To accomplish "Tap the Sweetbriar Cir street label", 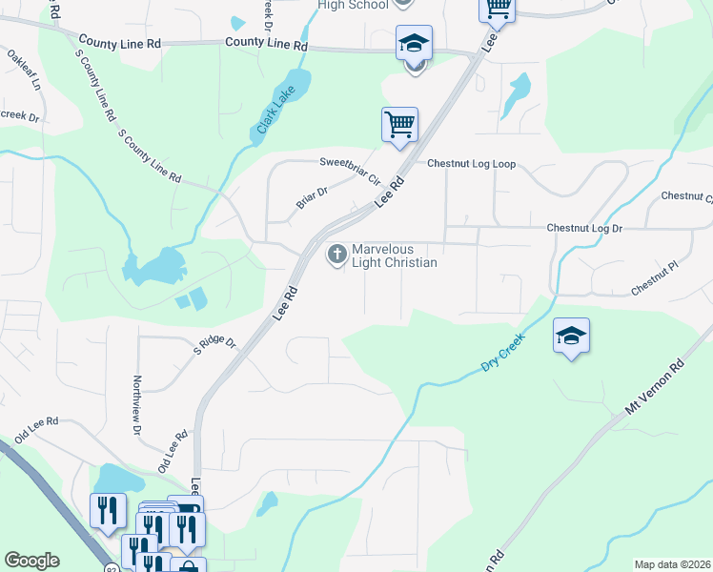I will click(x=349, y=171).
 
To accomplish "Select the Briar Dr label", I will click(x=311, y=197).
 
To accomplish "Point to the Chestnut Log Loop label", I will click(x=471, y=164).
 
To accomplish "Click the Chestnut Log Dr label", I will click(x=584, y=229).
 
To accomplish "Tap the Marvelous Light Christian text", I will click(x=394, y=255).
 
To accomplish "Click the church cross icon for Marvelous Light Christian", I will click(x=336, y=255).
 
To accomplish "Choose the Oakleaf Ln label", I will click(x=25, y=70).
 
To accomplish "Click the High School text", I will click(x=353, y=5).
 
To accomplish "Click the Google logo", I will click(x=31, y=561).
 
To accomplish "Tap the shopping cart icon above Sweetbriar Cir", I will click(x=400, y=124).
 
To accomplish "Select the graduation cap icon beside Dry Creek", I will click(x=571, y=337).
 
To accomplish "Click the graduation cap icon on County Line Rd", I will click(x=415, y=43).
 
